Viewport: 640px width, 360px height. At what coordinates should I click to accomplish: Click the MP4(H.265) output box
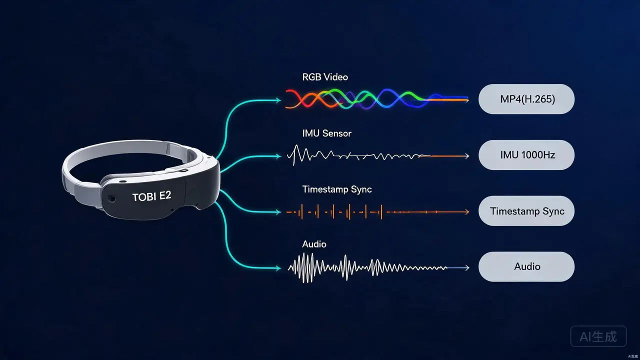coord(526,99)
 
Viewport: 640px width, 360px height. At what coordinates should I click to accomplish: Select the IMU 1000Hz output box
coord(526,155)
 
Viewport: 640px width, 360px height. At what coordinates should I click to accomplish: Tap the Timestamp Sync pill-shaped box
coord(526,211)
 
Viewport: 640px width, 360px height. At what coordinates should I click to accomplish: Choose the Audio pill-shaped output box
coord(526,266)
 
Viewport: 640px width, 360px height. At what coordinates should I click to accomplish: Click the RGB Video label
coord(325,77)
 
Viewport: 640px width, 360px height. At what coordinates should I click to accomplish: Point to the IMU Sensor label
coord(327,133)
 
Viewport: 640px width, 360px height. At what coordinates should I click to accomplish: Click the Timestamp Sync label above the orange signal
coord(337,189)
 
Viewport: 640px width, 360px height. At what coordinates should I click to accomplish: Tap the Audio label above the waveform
coord(314,244)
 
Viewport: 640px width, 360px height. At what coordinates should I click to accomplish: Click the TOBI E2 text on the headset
coord(151,196)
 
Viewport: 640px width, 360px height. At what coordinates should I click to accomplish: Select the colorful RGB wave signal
coord(377,99)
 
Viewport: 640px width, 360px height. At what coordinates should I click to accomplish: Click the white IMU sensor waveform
coord(358,155)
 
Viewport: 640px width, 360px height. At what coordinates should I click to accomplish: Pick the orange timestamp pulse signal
coord(377,212)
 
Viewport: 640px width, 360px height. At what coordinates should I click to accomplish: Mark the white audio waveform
coord(367,267)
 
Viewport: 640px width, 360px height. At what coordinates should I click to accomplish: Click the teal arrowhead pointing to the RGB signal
coord(278,100)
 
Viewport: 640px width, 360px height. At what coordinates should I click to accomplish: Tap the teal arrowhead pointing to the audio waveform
coord(278,268)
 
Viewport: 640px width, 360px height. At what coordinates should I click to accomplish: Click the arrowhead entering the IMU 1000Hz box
coord(467,156)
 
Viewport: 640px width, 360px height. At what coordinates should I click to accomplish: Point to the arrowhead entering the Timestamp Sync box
coord(467,212)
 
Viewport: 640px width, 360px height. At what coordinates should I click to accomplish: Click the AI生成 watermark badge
coord(598,336)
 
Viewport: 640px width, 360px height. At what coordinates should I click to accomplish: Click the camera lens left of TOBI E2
coord(111,198)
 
